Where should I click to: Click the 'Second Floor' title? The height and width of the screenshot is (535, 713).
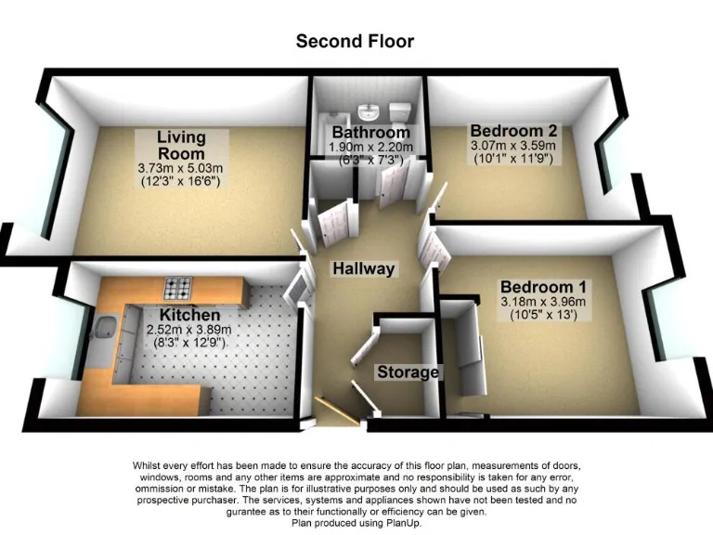355,41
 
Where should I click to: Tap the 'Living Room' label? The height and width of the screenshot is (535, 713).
181,145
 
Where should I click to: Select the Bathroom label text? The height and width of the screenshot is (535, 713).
369,134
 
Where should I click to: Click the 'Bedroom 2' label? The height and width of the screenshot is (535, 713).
512,130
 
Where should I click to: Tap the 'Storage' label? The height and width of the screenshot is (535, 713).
408,372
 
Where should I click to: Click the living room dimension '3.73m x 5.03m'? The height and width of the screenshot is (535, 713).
182,167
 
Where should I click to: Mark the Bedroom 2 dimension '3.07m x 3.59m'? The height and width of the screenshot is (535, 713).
512,145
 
